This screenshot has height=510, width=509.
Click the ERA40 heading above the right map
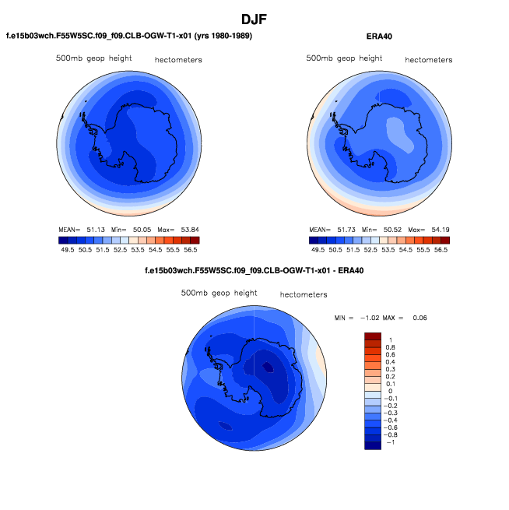378,36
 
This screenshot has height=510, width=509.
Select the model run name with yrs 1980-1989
129,36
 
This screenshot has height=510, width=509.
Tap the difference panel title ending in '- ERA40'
254,271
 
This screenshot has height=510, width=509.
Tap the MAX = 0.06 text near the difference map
408,318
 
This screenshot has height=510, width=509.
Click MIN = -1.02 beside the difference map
356,318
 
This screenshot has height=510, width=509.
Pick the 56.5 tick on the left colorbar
191,251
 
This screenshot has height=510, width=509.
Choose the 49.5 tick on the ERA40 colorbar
318,251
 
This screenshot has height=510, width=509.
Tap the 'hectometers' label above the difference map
304,295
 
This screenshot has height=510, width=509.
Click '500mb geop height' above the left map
93,58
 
